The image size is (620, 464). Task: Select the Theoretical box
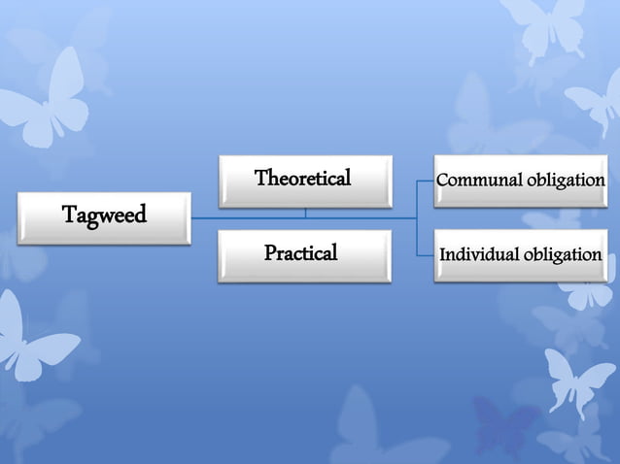click(304, 181)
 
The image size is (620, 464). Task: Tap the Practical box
click(304, 255)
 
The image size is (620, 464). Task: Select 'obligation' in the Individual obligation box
click(563, 255)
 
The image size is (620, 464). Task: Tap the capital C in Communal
click(443, 182)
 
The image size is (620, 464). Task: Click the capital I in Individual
click(443, 255)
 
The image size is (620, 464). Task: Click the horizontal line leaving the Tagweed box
click(209, 218)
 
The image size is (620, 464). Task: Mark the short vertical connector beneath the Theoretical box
click(305, 213)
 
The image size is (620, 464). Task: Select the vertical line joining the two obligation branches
click(417, 218)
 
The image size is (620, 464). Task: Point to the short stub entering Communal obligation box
click(425, 182)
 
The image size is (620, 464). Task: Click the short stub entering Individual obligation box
click(425, 256)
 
